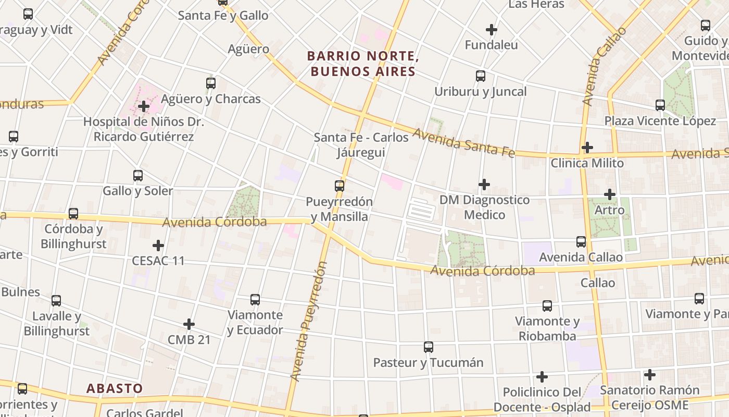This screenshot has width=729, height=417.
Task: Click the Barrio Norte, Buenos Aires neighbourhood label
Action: [x=363, y=64]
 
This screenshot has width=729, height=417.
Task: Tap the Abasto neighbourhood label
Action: [x=114, y=388]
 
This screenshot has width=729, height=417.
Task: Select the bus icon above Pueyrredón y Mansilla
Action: [x=340, y=186]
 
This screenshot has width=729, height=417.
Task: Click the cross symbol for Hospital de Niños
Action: [x=144, y=107]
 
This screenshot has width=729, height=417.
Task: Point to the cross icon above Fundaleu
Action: [x=491, y=30]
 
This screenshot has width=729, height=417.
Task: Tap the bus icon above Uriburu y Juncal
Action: [x=481, y=76]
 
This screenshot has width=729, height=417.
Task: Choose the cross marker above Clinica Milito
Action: [x=587, y=148]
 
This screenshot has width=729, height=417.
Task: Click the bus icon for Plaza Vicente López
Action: [x=660, y=105]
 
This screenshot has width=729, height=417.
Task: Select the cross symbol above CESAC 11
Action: [x=158, y=246]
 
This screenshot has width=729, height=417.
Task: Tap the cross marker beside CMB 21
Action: [x=189, y=325]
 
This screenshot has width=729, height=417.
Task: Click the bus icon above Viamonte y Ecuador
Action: [x=255, y=300]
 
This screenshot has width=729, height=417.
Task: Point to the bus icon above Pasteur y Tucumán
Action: [x=429, y=347]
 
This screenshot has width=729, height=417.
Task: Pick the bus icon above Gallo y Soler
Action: [x=138, y=176]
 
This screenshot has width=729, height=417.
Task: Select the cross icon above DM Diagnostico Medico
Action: [x=484, y=185]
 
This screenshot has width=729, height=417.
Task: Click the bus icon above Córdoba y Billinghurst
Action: [x=73, y=214]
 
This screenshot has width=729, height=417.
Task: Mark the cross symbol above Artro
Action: [x=610, y=194]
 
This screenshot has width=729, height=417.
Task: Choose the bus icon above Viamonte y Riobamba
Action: [x=547, y=306]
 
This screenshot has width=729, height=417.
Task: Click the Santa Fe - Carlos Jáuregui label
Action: [x=361, y=144]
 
